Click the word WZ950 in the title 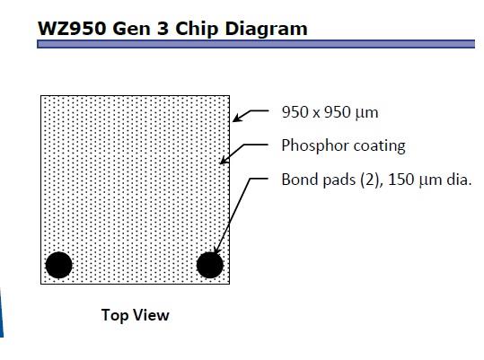[72, 29]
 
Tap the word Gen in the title [131, 29]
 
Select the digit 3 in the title [163, 29]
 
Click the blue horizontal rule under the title [256, 44]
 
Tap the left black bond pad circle [58, 265]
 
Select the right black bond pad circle [210, 265]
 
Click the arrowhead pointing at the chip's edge [236, 119]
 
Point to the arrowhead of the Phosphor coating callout [224, 160]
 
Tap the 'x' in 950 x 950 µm [316, 114]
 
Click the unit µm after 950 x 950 [366, 114]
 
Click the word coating [379, 146]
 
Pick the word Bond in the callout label [298, 180]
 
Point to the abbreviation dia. [460, 180]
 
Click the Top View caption [136, 315]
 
